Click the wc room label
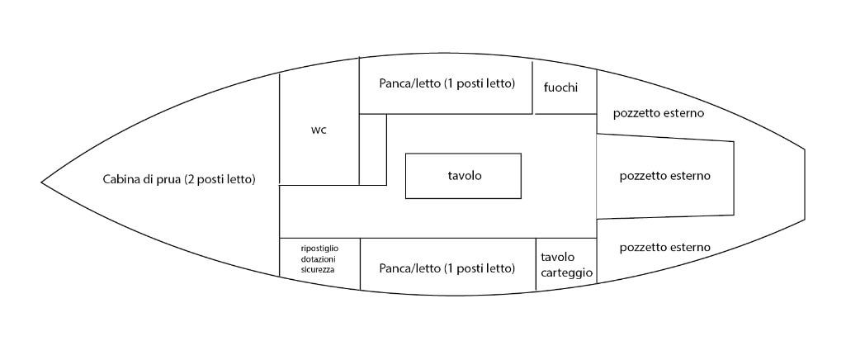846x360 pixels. tap(318, 130)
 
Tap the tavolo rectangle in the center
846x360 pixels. tap(463, 176)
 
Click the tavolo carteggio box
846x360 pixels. tap(566, 264)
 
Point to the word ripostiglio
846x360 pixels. tap(319, 248)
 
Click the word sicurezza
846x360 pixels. tap(319, 269)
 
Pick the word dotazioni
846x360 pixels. tap(319, 258)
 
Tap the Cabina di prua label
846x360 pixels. tap(178, 179)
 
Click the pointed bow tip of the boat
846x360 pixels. tap(43, 180)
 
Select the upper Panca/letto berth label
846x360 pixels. tap(447, 84)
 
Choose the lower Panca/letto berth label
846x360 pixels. tap(447, 269)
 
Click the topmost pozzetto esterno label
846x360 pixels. tap(658, 113)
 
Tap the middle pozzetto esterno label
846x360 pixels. tap(664, 176)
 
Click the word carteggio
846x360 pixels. tap(566, 272)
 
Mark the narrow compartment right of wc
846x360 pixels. tap(373, 149)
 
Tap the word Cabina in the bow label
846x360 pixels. tap(122, 179)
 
